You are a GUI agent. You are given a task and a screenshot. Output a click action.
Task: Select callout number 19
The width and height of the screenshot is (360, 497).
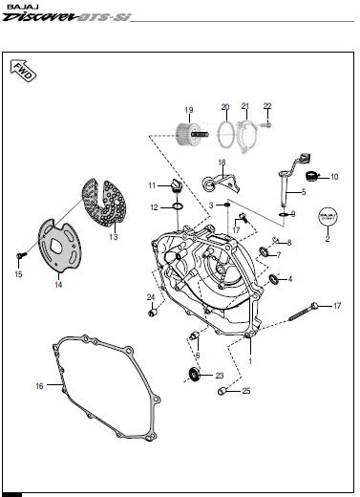point(188,108)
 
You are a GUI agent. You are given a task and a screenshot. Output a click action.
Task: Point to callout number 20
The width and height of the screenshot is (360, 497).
point(225,106)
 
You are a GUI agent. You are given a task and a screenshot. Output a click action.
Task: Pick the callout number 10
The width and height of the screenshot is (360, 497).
point(334,177)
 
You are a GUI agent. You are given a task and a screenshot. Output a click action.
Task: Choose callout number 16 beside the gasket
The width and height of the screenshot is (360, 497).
point(39,386)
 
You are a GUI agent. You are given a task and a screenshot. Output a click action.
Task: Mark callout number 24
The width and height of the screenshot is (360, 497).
point(150,297)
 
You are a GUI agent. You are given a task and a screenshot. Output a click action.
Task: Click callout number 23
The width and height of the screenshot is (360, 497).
point(219,375)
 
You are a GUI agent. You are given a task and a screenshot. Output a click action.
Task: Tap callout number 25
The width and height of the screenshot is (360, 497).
point(245,391)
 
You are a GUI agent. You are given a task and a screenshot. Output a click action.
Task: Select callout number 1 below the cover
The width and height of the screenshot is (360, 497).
point(250,361)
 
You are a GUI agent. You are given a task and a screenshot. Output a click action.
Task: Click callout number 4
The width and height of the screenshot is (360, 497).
point(290,279)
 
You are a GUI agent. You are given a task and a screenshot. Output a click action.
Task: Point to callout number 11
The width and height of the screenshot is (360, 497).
point(151,184)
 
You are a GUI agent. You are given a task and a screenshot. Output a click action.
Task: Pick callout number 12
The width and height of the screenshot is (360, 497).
point(154,206)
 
